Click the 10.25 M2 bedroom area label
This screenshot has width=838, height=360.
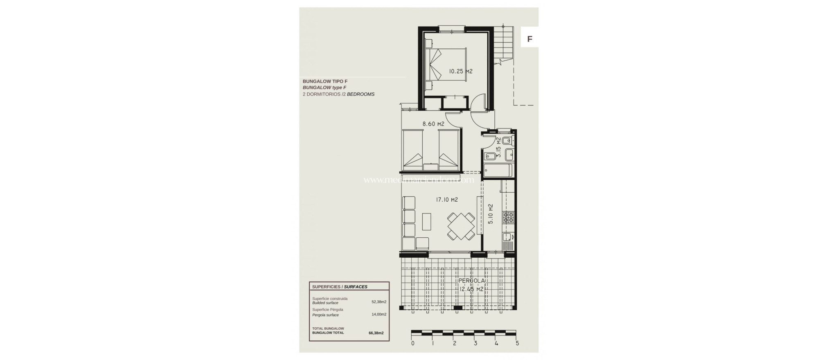[460, 71]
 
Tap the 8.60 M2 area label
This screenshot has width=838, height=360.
[433, 124]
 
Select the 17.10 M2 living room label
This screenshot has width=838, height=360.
[446, 200]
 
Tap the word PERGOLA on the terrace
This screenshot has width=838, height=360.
[471, 281]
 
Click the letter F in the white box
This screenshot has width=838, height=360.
[529, 39]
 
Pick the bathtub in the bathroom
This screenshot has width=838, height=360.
[497, 171]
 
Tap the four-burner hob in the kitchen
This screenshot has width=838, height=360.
[508, 217]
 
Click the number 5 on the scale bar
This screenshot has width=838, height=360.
[517, 343]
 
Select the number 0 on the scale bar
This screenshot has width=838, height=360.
[413, 343]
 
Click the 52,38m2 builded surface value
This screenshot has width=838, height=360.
[378, 302]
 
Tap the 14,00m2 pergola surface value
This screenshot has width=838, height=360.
[378, 314]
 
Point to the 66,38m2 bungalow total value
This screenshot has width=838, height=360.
[376, 333]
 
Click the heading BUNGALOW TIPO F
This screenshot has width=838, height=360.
[325, 81]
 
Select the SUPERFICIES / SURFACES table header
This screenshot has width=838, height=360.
[340, 287]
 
